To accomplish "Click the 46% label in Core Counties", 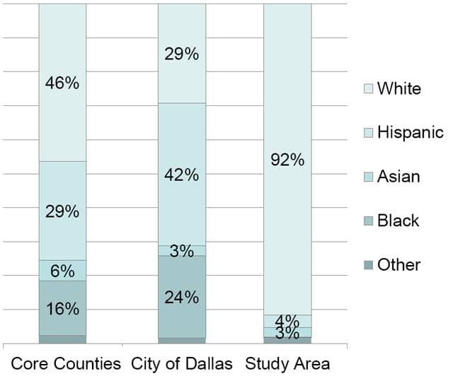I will coord(62,83).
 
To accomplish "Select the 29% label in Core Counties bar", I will coord(62,211).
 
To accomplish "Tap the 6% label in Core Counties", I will coord(62,271).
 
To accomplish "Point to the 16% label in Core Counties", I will coord(62,308).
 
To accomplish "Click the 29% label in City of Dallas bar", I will coord(181,54).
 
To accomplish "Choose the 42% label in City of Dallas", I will coord(181,175).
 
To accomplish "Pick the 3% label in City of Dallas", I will coord(181,251).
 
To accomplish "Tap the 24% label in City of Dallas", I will coord(181,297).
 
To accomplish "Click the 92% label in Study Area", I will coord(287,160).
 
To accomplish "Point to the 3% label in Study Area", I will coord(287,334).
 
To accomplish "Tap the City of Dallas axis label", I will coord(181,364).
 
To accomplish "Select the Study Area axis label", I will coord(287,364).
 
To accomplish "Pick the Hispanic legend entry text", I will coord(410,132).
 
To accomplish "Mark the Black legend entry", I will coord(398,221).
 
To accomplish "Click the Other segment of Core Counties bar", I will coord(62,339).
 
